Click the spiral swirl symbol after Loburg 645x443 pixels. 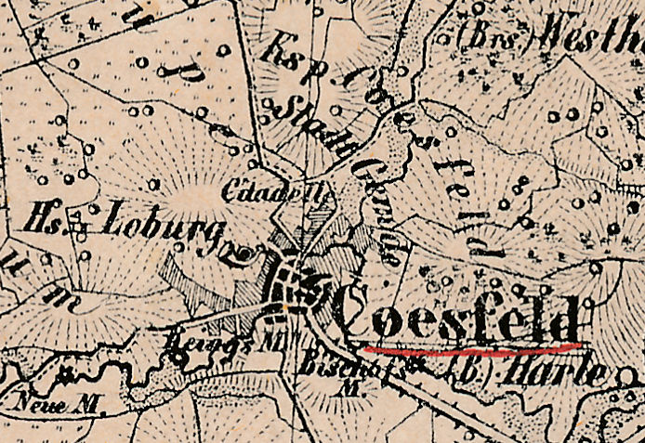(244, 252)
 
